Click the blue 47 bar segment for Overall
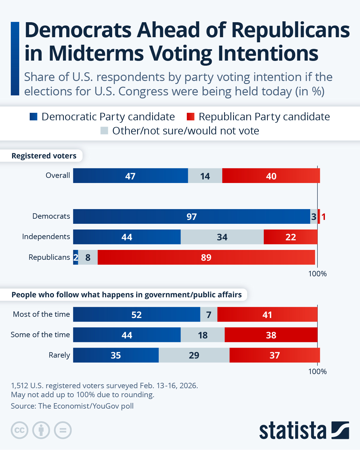(130, 176)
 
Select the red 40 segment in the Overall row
(271, 176)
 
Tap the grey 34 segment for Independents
(222, 237)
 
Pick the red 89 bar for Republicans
(206, 257)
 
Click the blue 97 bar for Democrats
(191, 217)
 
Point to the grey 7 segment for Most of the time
(209, 314)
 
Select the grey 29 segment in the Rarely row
(194, 355)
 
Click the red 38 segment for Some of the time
(271, 335)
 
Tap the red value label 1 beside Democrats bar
(324, 217)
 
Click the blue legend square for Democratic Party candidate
(34, 117)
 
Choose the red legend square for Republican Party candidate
(190, 117)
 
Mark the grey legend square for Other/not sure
(104, 131)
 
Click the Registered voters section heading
(44, 156)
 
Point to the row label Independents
(46, 237)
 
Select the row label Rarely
(59, 355)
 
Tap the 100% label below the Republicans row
(317, 274)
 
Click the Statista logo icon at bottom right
(340, 430)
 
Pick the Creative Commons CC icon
(19, 430)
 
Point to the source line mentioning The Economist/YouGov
(72, 406)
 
